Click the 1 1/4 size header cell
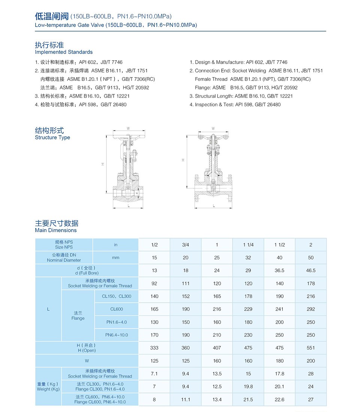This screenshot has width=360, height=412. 248,245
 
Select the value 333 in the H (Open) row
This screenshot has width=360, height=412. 154,348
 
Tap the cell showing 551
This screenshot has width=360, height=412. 310,348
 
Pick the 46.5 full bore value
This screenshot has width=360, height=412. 310,270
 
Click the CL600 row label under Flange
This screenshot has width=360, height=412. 116,309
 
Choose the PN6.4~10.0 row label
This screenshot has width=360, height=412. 116,335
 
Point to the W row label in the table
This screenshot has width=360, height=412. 87,361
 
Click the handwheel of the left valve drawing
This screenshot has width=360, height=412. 128,136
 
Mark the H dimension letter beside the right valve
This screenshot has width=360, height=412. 183,160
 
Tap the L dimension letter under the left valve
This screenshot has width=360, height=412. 128,206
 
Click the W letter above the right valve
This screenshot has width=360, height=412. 213,128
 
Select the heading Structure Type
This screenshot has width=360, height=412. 52,137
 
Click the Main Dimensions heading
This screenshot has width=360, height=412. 55,230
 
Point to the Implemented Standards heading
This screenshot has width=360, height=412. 63,52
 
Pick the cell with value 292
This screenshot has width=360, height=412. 310,309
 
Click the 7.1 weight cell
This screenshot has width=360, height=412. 154,373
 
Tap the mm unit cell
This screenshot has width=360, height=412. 115,258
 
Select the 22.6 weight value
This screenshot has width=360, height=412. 279,399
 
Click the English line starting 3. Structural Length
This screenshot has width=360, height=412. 241,96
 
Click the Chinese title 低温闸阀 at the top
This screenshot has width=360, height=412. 51,16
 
